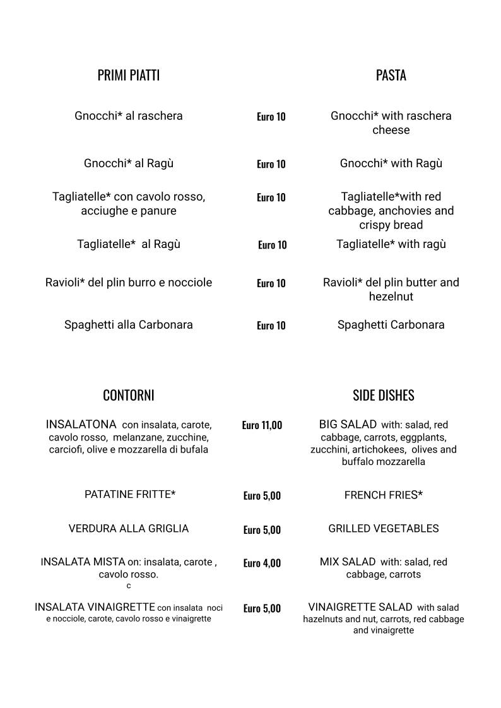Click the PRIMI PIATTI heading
coord(128,76)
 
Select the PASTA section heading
coord(391,76)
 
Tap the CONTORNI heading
coord(128,396)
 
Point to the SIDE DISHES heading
coord(383,396)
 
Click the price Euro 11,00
coord(262,425)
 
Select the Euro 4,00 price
coord(262,563)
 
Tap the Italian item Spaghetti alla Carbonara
coord(129,325)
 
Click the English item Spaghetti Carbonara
coord(391,325)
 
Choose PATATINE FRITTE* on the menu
coord(130,495)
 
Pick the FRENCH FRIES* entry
coord(383,495)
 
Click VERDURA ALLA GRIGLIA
coord(129,529)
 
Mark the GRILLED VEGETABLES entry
coord(383,529)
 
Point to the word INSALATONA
coord(81,424)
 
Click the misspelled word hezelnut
coord(391,297)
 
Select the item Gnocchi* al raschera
coord(129,116)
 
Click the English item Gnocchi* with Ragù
coord(391,163)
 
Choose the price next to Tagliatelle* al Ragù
coord(272,245)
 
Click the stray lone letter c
coord(129,586)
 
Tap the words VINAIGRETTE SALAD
coord(360,607)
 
